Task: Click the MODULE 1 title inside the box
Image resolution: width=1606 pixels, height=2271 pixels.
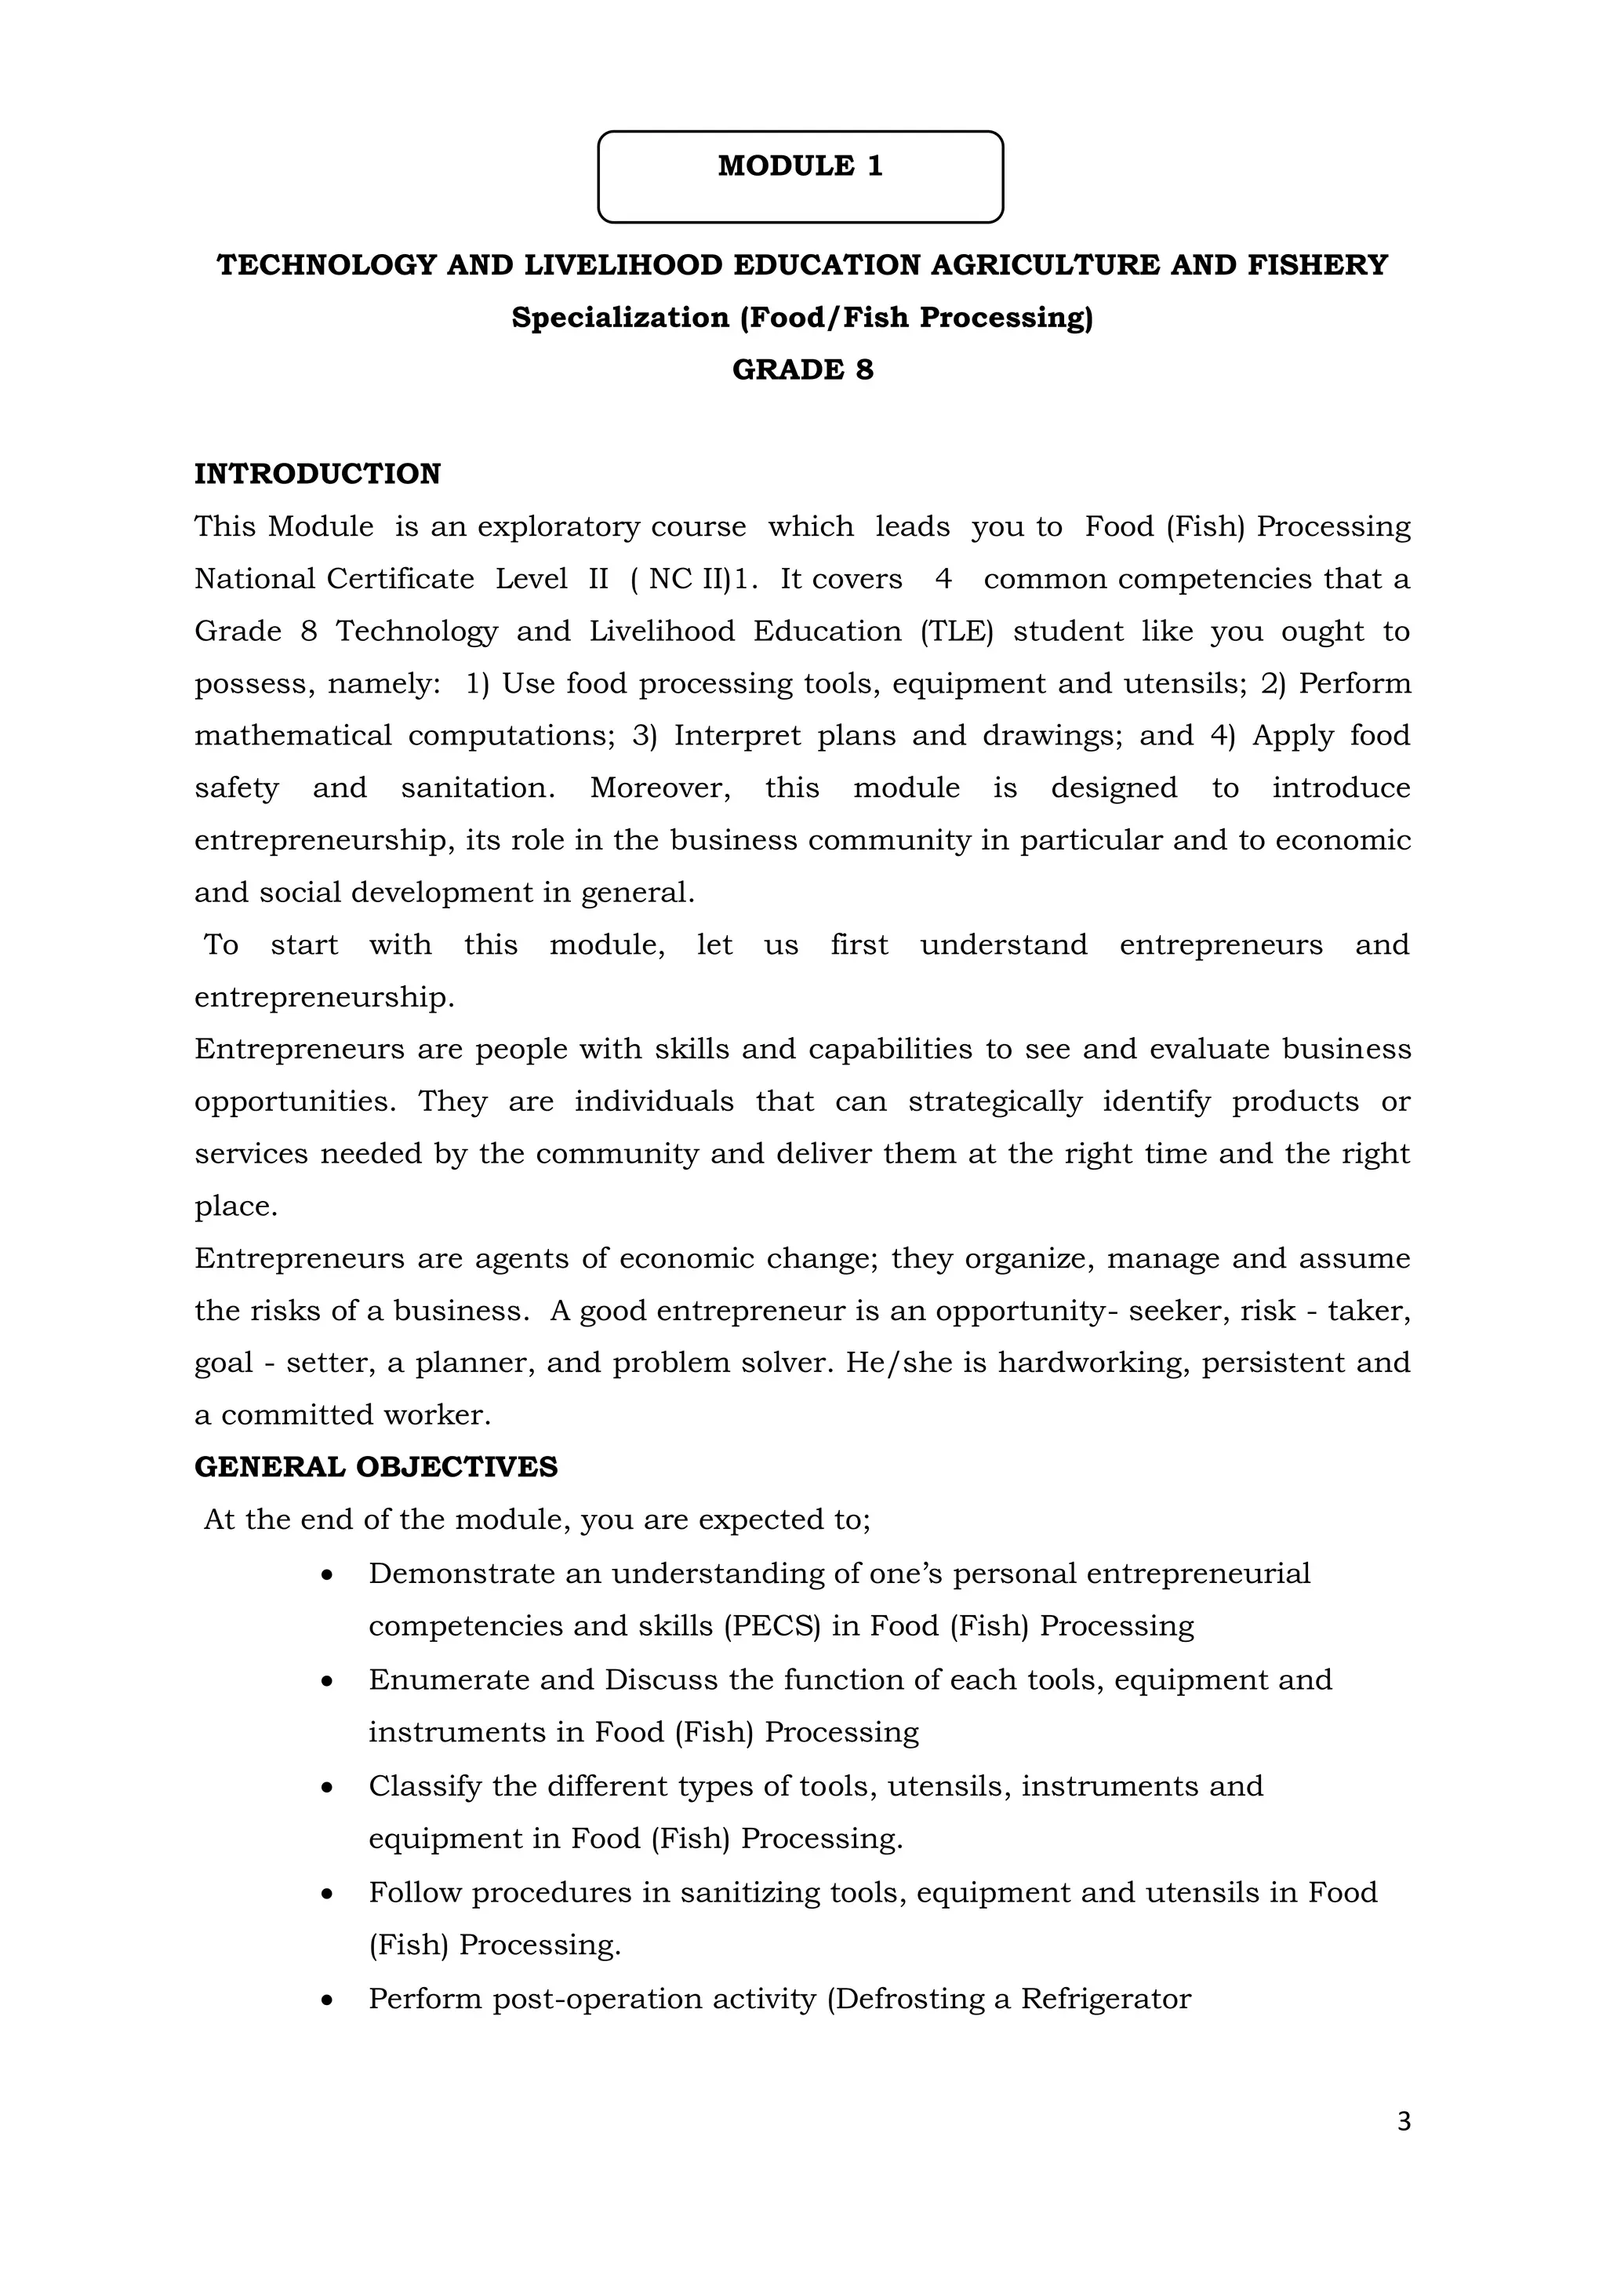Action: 800,166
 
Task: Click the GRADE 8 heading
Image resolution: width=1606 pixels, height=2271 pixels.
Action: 802,370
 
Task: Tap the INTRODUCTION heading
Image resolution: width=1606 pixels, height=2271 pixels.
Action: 318,474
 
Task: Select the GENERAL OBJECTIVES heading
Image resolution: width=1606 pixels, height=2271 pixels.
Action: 376,1467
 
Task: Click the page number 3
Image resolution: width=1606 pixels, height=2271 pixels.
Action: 1403,2122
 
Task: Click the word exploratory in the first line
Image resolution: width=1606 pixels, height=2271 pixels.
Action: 559,526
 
